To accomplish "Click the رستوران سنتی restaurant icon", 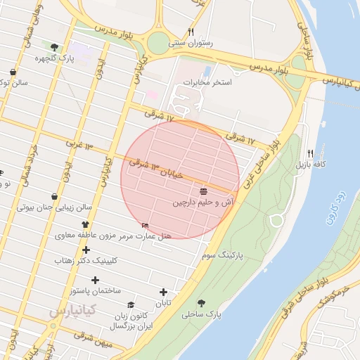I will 191,32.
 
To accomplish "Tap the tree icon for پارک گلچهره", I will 55,47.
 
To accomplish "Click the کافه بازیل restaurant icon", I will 311,153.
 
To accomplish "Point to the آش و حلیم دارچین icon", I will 203,191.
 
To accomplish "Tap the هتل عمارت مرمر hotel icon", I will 146,225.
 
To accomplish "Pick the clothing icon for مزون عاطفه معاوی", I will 86,224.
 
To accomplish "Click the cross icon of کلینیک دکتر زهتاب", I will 86,250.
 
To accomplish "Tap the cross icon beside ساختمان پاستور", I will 95,280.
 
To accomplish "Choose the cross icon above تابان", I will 164,292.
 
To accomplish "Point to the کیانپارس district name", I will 67,310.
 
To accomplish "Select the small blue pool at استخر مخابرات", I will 206,72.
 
